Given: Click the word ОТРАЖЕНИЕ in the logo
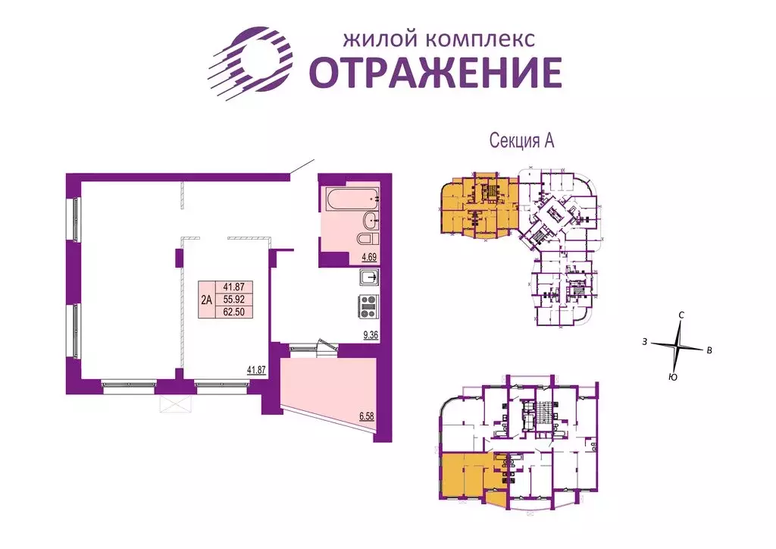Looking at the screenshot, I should click(436, 72).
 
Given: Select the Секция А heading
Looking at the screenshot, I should click(522, 141).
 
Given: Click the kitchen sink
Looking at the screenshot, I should click(369, 278).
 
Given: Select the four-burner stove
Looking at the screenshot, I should click(368, 306).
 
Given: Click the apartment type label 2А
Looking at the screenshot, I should click(206, 299).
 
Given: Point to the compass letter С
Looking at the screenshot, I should click(682, 315).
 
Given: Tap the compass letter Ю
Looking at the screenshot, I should click(673, 377).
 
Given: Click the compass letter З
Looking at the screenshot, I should click(644, 343).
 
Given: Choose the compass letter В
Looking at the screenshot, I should click(709, 350).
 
